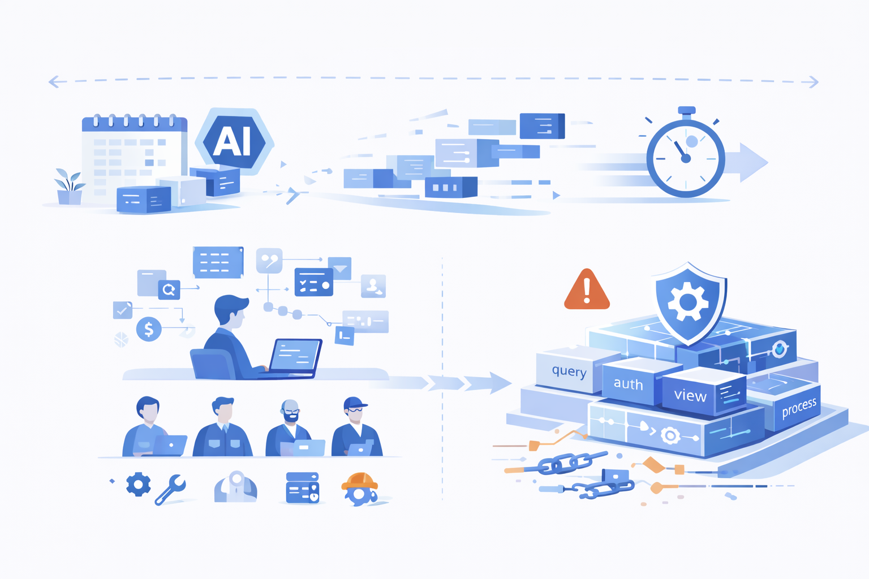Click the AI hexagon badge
(234, 141)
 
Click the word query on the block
(569, 371)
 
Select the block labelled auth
(629, 384)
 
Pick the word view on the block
(690, 395)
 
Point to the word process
(799, 407)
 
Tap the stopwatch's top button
(686, 110)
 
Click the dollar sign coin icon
(149, 329)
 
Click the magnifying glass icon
(169, 290)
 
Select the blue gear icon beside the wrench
(139, 485)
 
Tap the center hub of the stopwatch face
(686, 159)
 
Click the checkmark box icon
(122, 310)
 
